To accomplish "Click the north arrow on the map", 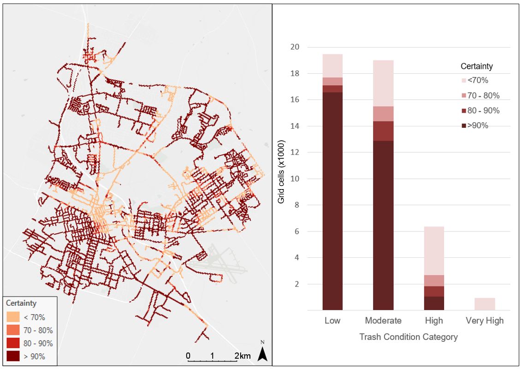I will [262, 353].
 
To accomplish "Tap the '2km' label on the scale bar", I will [243, 356].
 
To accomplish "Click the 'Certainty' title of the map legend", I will [21, 303].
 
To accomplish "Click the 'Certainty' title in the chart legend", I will [476, 66].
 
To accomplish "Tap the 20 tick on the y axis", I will [295, 47].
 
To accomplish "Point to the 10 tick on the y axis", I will [295, 179].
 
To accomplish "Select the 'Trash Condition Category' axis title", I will [408, 337].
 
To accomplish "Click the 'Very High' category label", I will [484, 321].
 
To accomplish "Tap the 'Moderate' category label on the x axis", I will [383, 321].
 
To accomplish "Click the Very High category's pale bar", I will [485, 304].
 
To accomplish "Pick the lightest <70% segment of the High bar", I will [434, 250].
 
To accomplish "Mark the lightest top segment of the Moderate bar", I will [383, 83].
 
